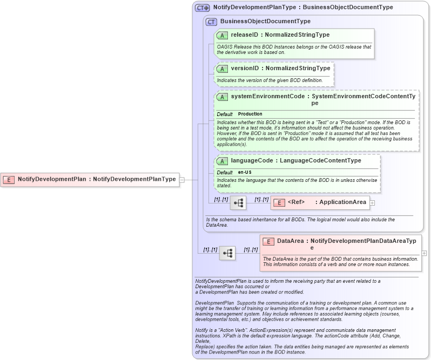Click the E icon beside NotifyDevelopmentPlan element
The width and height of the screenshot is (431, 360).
click(9, 179)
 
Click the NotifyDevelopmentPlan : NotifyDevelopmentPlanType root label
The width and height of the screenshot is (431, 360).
click(97, 179)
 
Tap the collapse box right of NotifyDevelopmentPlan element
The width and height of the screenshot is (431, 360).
click(182, 179)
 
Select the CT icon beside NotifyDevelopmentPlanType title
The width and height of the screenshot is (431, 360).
click(203, 8)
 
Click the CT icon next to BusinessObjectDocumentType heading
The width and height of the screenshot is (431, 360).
click(211, 22)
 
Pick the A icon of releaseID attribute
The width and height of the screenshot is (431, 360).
click(222, 35)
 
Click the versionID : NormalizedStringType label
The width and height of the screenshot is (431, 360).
click(280, 69)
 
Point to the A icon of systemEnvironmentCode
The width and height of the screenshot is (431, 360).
click(222, 97)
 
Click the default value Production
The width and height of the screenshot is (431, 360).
click(250, 114)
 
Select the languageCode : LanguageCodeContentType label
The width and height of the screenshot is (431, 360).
click(296, 161)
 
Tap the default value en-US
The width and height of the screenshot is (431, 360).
click(245, 173)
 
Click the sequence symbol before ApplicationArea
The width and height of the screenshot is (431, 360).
click(238, 203)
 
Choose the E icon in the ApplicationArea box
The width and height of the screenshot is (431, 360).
click(279, 203)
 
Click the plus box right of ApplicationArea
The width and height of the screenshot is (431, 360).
click(372, 203)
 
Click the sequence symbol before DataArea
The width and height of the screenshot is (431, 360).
click(227, 253)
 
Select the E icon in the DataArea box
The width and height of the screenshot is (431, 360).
click(268, 242)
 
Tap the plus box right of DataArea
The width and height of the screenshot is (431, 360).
click(424, 253)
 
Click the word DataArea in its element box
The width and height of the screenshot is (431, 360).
click(290, 242)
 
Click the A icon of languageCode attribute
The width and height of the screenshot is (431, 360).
click(222, 161)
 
